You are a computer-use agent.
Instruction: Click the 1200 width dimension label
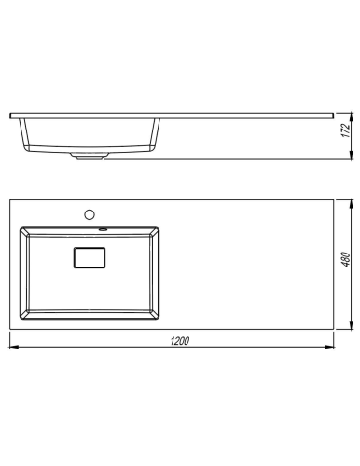[180, 341]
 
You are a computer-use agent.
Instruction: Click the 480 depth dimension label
[346, 259]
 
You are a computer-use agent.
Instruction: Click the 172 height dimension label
[346, 130]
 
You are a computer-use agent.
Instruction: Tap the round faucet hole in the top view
[90, 214]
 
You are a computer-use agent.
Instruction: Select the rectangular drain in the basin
[90, 257]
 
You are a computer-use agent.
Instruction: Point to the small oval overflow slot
[103, 230]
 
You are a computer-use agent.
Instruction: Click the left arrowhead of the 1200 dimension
[14, 347]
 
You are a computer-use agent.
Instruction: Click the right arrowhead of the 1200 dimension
[329, 347]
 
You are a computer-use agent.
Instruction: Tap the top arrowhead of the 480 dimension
[352, 204]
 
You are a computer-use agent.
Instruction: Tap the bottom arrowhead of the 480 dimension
[352, 324]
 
